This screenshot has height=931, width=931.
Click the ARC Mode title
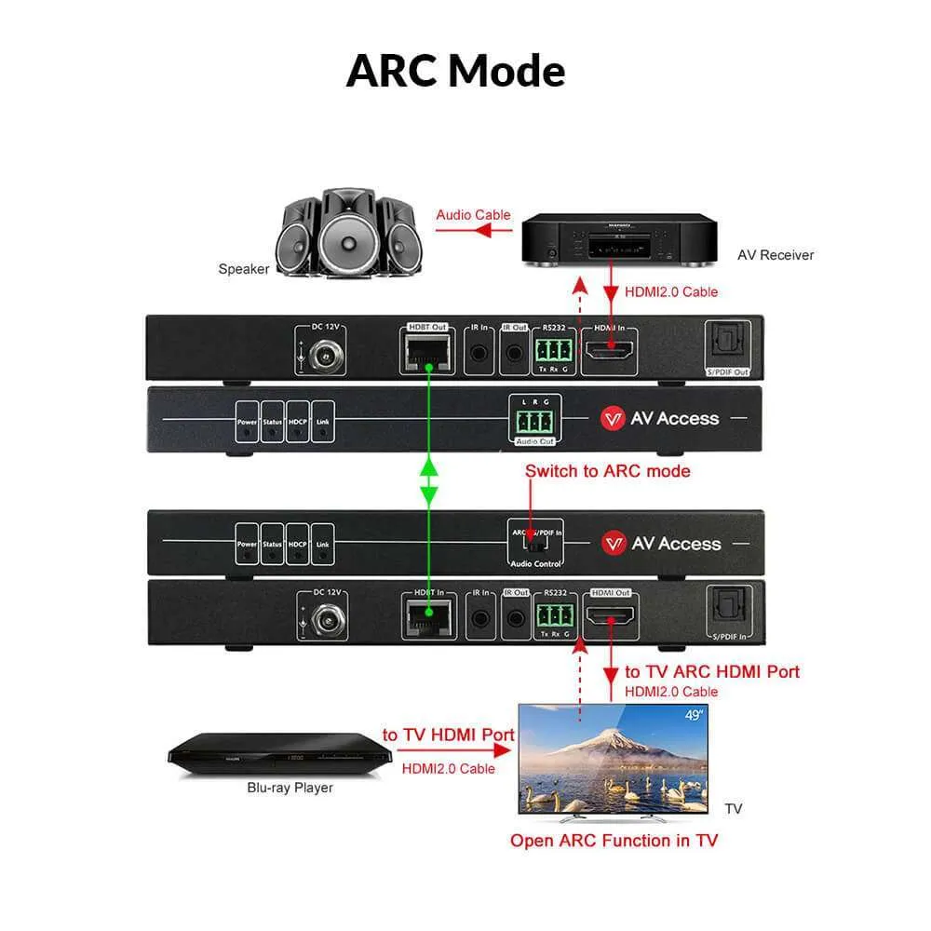tap(455, 71)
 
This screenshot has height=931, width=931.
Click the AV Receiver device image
tap(619, 240)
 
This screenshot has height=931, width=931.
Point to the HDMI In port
tap(609, 350)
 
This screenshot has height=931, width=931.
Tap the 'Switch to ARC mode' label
tap(607, 471)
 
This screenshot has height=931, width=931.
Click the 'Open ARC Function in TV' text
tap(614, 841)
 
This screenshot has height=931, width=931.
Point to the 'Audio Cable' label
tap(473, 215)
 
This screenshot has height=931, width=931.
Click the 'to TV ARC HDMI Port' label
tap(711, 671)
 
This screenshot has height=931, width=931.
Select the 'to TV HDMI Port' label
tap(448, 735)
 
